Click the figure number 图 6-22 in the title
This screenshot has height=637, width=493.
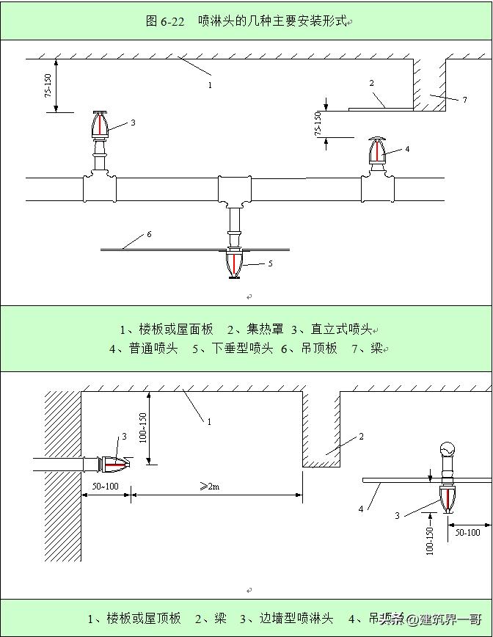165,21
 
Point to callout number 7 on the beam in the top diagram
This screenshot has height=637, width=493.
464,100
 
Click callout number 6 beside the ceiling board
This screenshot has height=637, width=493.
149,234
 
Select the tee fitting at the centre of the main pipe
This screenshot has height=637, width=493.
234,189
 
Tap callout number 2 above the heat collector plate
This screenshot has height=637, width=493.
372,84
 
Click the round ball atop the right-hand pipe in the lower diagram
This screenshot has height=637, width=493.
447,449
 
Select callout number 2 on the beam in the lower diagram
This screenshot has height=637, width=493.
361,437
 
